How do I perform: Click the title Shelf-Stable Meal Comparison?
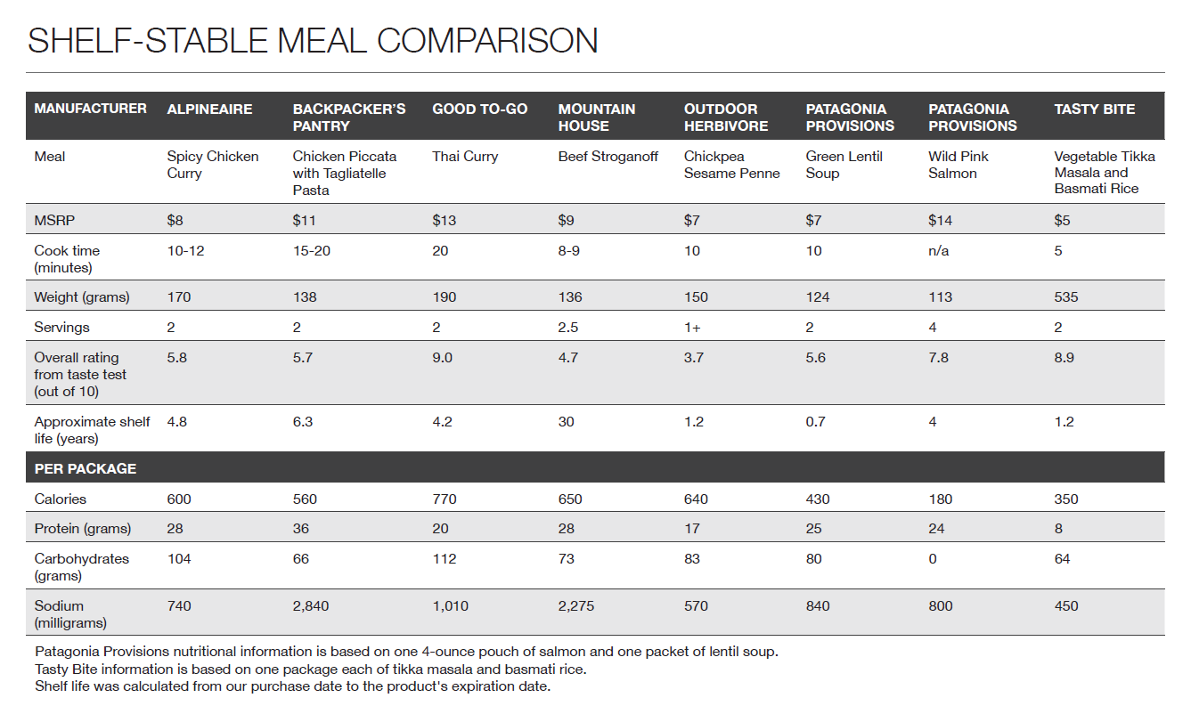pyautogui.click(x=313, y=41)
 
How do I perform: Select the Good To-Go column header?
pyautogui.click(x=479, y=110)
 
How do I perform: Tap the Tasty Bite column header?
pyautogui.click(x=1094, y=110)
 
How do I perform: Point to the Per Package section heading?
pyautogui.click(x=86, y=468)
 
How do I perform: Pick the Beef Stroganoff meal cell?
pyautogui.click(x=608, y=157)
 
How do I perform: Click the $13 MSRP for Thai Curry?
pyautogui.click(x=444, y=220)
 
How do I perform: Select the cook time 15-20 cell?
pyautogui.click(x=311, y=251)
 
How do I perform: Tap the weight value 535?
pyautogui.click(x=1065, y=297)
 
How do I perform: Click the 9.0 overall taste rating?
pyautogui.click(x=443, y=358)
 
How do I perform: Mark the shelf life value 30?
pyautogui.click(x=566, y=422)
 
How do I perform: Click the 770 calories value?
pyautogui.click(x=444, y=499)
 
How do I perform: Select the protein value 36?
pyautogui.click(x=301, y=529)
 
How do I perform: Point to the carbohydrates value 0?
pyautogui.click(x=932, y=559)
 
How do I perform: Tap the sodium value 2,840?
pyautogui.click(x=311, y=606)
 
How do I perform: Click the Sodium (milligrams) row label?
pyautogui.click(x=69, y=614)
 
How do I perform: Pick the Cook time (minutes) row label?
pyautogui.click(x=67, y=259)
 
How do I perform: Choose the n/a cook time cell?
pyautogui.click(x=938, y=251)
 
